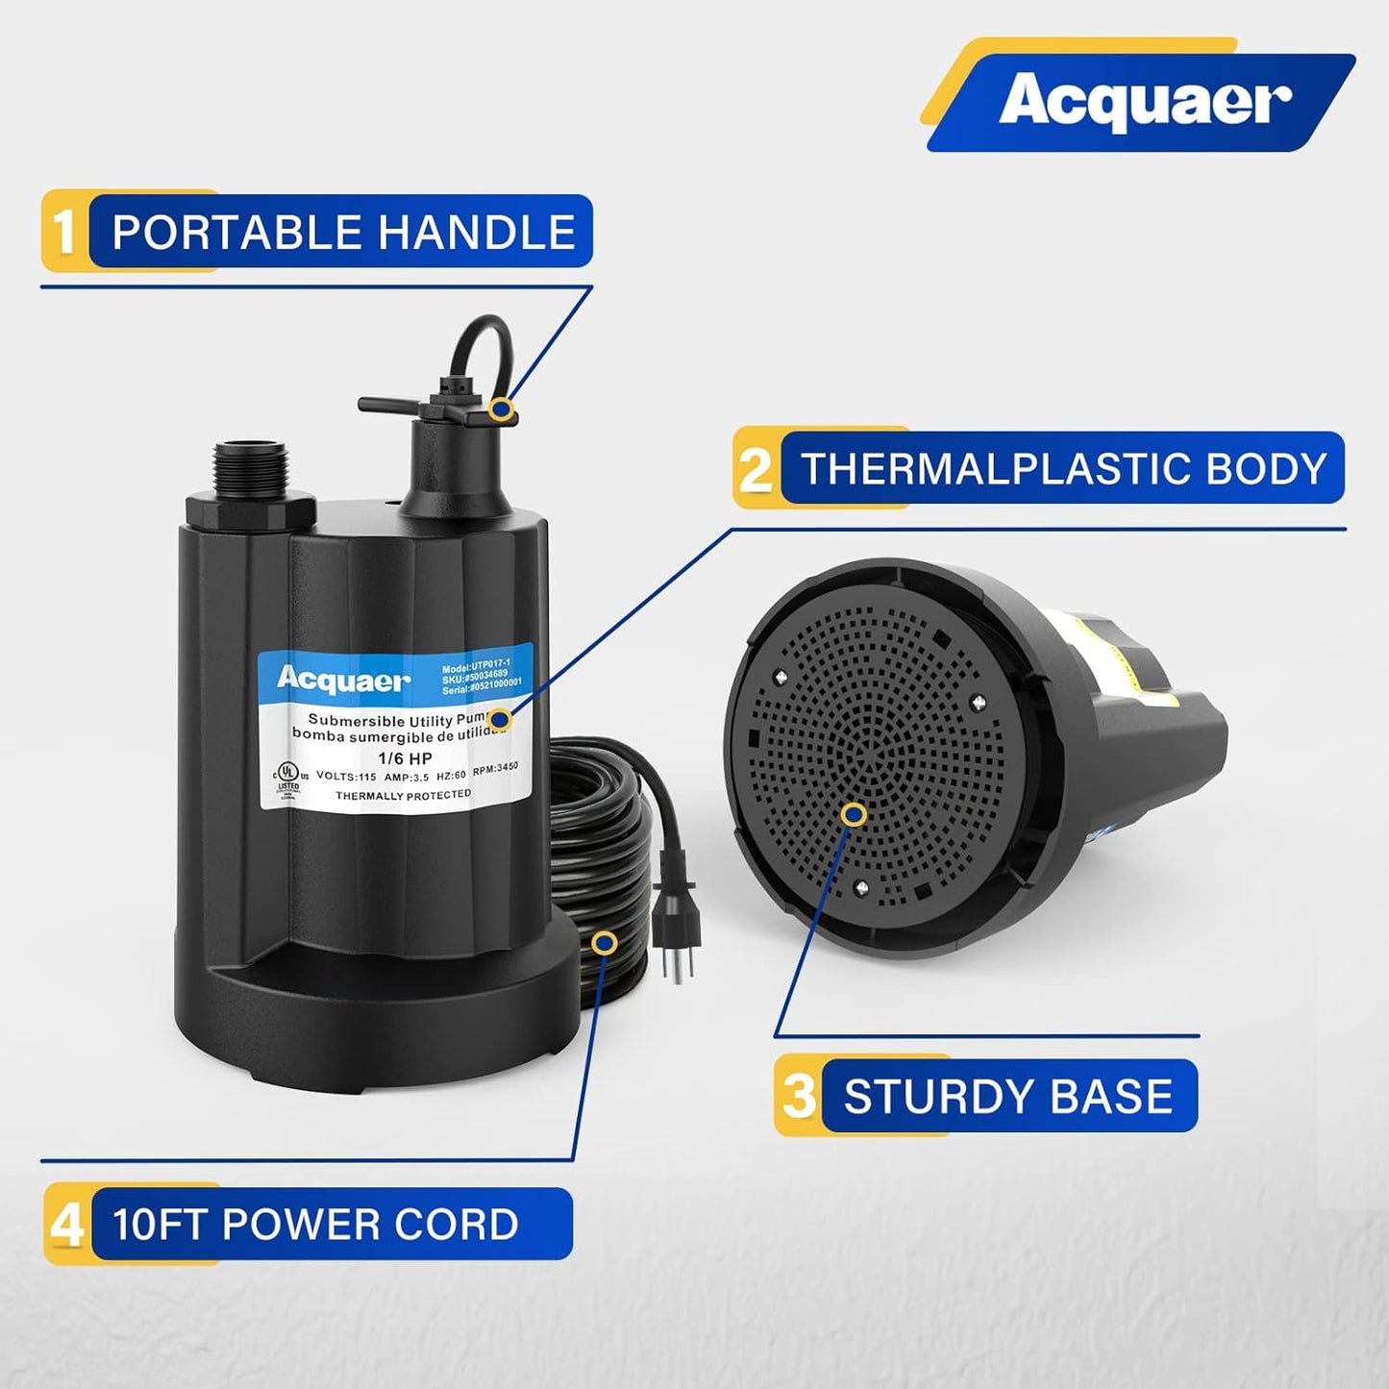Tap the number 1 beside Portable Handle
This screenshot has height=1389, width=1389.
tap(64, 232)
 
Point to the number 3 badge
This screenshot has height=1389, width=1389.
tap(799, 1096)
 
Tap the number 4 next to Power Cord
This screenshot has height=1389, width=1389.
tap(66, 1225)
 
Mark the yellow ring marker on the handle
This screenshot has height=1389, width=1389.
tap(500, 409)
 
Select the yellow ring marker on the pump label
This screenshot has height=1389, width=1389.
tap(499, 718)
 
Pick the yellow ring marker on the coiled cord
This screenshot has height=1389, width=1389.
tap(604, 942)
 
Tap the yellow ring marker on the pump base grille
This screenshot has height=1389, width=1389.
tap(853, 815)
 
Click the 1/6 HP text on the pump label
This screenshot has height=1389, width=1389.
tap(405, 758)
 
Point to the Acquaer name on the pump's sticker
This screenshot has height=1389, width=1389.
tap(343, 681)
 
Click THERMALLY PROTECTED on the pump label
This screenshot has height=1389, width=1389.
tap(403, 796)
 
